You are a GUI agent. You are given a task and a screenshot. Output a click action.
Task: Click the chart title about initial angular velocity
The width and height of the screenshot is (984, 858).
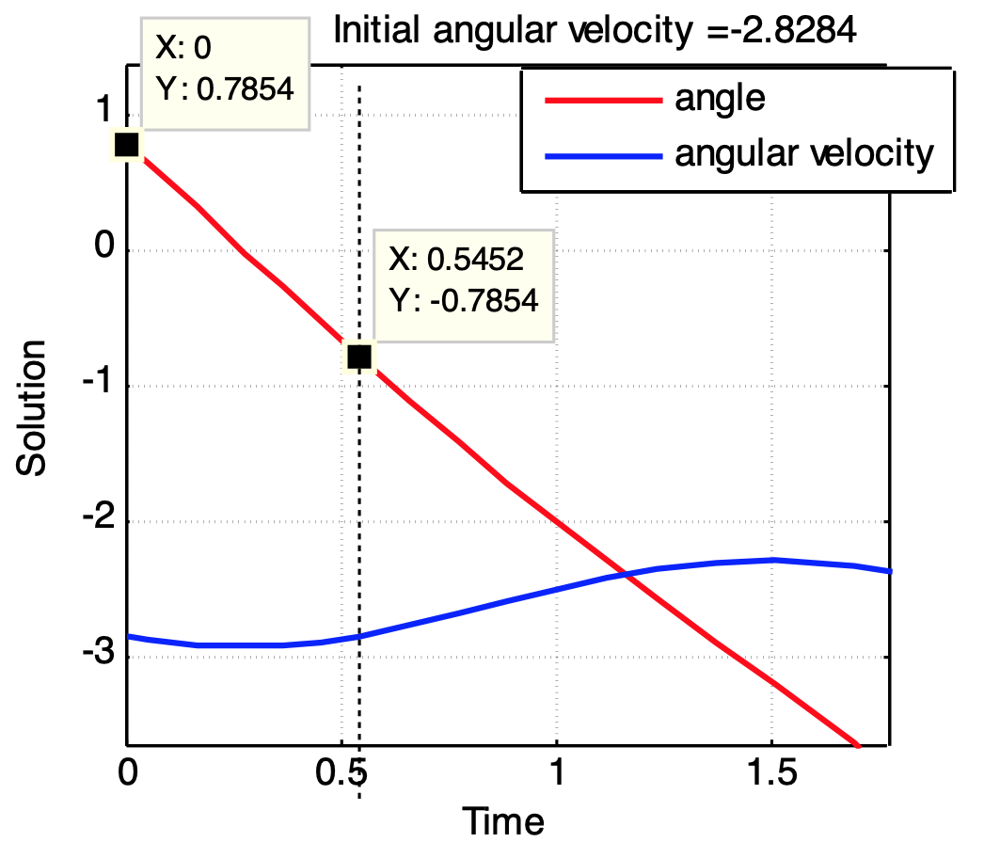tap(595, 33)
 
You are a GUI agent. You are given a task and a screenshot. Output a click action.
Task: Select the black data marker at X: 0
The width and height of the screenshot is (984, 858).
tap(126, 145)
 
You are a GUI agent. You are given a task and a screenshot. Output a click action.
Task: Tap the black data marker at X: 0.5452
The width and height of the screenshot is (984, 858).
tap(359, 357)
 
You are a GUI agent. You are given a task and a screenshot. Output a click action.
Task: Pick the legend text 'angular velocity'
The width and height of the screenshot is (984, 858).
tap(804, 152)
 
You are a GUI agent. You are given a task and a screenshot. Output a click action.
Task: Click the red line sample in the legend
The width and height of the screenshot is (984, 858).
tap(599, 98)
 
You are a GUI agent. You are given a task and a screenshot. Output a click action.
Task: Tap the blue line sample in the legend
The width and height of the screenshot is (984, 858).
tap(599, 153)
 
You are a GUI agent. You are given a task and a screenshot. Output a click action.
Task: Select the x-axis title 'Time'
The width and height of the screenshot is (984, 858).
tap(502, 821)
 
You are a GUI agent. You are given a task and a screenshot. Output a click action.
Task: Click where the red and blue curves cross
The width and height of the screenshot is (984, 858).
tap(623, 573)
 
